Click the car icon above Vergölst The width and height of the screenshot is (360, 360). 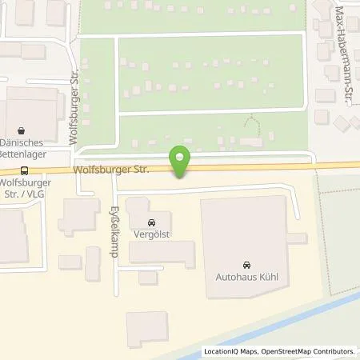[x=151, y=222]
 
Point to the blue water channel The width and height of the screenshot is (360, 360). [x=240, y=340]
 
